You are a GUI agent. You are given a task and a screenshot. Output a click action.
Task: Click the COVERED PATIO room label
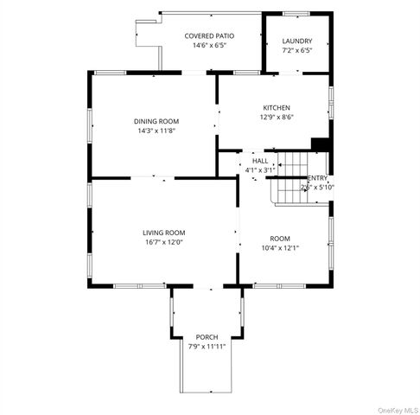pyautogui.click(x=210, y=36)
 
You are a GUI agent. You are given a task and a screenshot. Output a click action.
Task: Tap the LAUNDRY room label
pyautogui.click(x=297, y=41)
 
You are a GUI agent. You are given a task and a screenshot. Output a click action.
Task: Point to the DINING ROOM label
pyautogui.click(x=156, y=121)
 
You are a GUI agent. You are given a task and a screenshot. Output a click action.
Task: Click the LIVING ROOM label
pyautogui.click(x=164, y=233)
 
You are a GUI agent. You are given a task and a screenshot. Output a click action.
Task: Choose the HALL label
pyautogui.click(x=259, y=162)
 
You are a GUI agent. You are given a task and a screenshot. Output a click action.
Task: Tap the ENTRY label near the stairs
pyautogui.click(x=316, y=177)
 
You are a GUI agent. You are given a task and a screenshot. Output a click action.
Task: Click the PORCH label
pyautogui.click(x=207, y=337)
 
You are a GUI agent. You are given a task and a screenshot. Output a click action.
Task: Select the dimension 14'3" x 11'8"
pyautogui.click(x=156, y=131)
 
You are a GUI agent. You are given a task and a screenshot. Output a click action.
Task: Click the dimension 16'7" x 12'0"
pyautogui.click(x=164, y=242)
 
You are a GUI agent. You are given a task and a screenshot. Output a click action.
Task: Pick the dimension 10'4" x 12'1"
pyautogui.click(x=280, y=247)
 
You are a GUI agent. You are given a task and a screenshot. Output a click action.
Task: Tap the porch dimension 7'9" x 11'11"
pyautogui.click(x=207, y=347)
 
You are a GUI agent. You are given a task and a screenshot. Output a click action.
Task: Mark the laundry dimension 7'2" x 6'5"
pyautogui.click(x=297, y=50)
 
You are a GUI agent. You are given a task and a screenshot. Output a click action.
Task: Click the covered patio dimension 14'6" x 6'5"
pyautogui.click(x=210, y=46)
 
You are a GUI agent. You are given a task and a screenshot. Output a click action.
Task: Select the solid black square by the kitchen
pyautogui.click(x=321, y=144)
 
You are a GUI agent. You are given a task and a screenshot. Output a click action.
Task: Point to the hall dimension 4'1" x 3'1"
pyautogui.click(x=259, y=170)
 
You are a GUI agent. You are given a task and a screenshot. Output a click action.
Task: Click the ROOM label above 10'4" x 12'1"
pyautogui.click(x=280, y=238)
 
